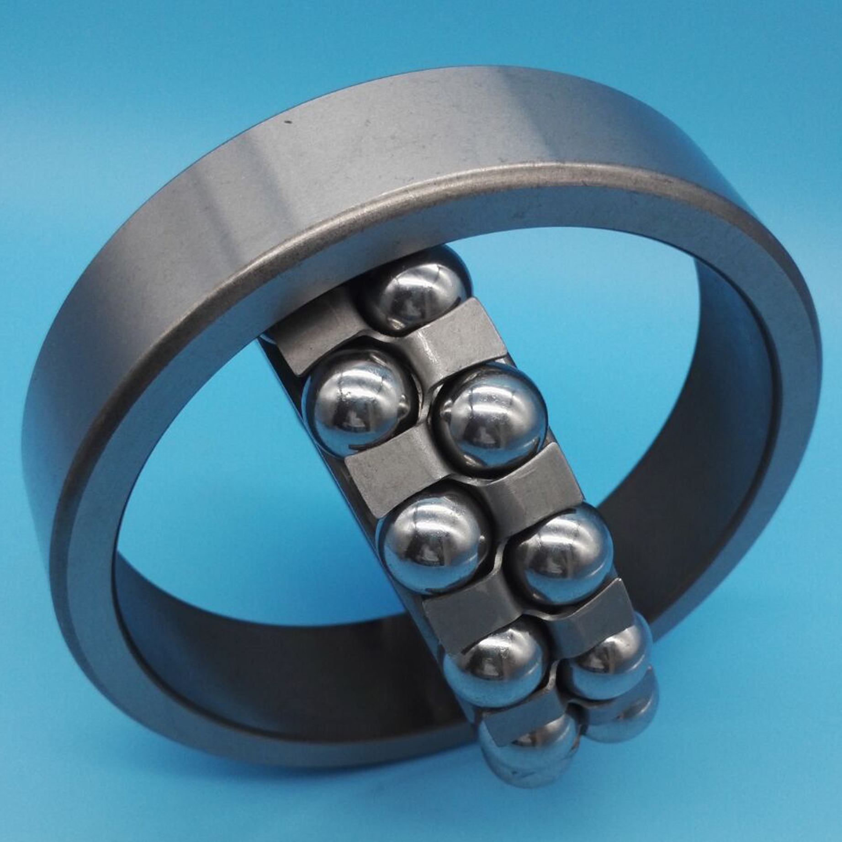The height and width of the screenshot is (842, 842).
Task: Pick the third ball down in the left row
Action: click(496, 667)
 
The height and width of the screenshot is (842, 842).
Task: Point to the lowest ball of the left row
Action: click(525, 749)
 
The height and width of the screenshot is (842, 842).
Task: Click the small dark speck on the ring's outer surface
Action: click(287, 122)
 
